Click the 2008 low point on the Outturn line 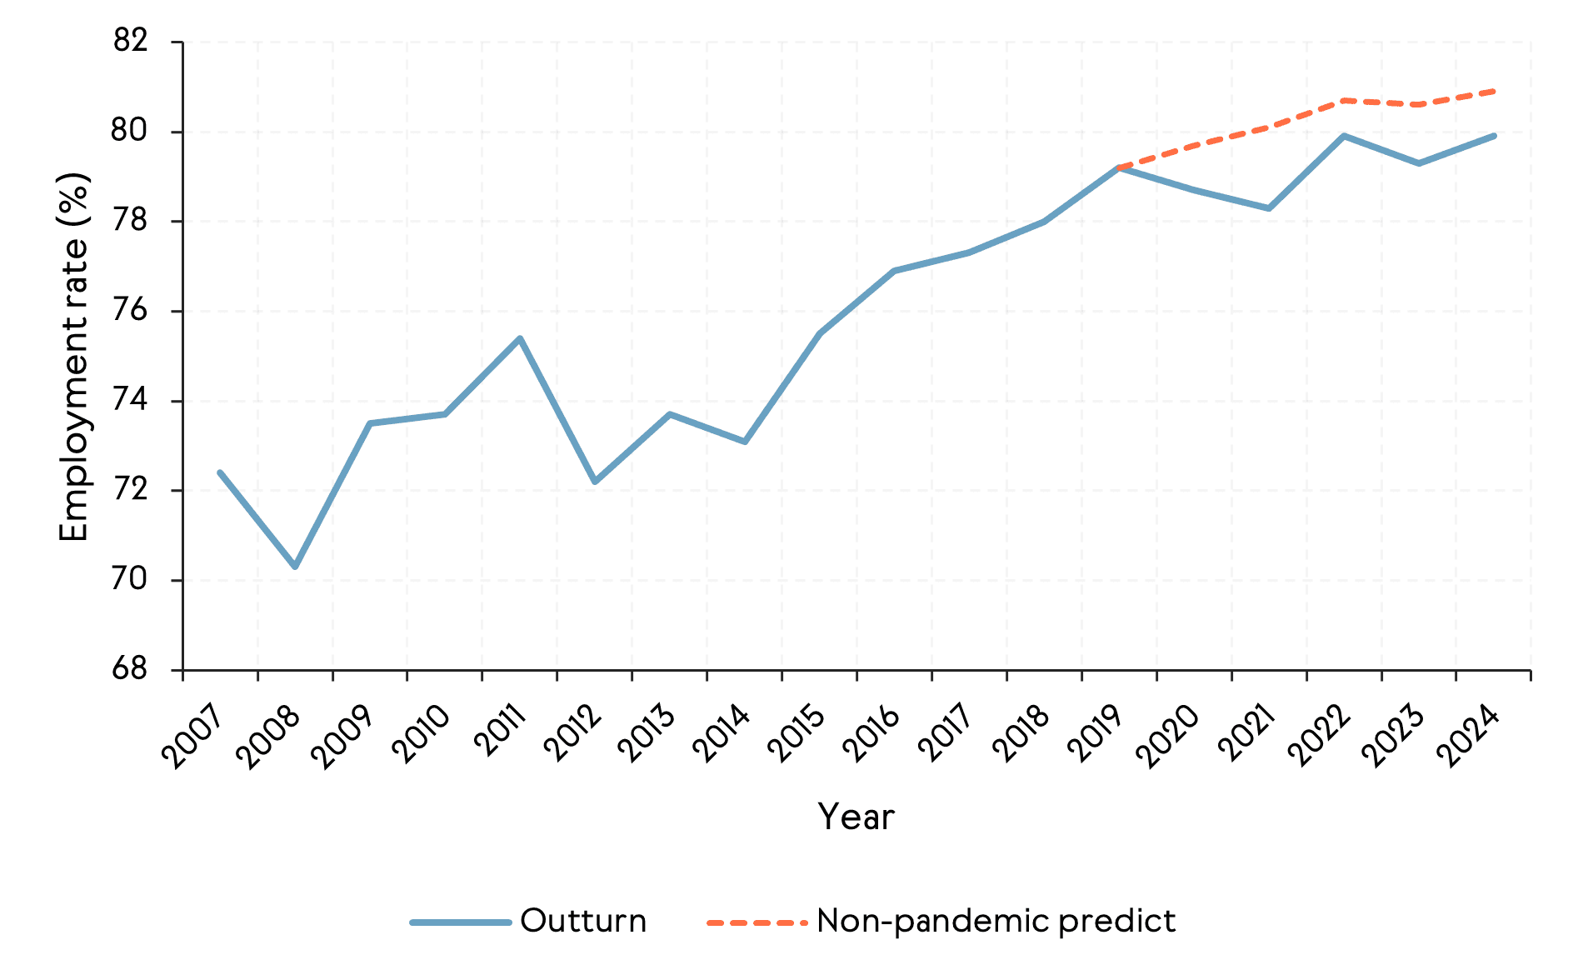pos(295,567)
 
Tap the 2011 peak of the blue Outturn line pos(520,338)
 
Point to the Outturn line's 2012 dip pos(595,482)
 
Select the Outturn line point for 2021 pos(1269,208)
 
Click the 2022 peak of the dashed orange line pos(1344,100)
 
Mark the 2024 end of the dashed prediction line pos(1494,91)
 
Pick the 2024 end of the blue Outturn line pos(1494,136)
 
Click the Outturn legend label pos(583,921)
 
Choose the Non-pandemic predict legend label pos(996,921)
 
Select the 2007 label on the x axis pos(192,737)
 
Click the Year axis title pos(856,817)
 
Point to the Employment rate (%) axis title pos(73,357)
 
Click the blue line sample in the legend pos(460,922)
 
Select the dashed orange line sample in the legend pos(757,922)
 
